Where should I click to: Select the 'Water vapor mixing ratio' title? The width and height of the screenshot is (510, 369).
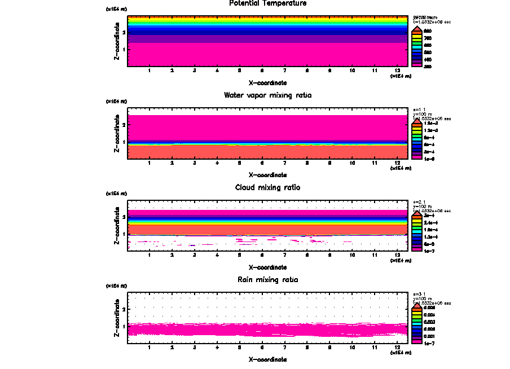(268, 95)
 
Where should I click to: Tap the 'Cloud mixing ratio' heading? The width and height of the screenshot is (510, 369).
(268, 187)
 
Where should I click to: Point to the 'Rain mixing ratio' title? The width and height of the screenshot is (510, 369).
(268, 280)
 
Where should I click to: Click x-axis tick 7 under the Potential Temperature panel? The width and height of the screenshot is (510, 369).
(285, 71)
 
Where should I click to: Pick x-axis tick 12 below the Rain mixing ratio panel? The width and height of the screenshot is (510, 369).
(398, 348)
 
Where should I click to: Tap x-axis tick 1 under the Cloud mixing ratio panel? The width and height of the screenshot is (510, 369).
(150, 255)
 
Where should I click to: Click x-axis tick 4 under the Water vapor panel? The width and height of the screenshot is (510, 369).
(217, 163)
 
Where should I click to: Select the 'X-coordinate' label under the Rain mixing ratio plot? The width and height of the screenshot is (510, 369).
(268, 359)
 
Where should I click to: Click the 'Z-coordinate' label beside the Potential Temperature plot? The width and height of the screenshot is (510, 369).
(117, 41)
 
